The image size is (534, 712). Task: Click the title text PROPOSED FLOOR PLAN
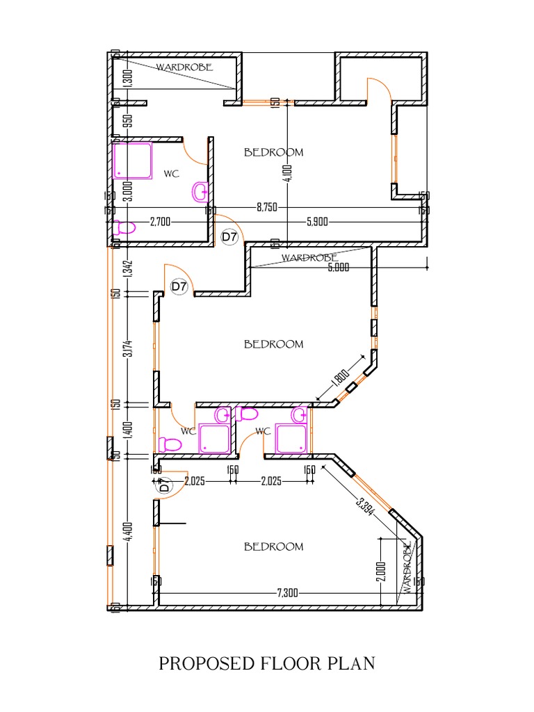click(267, 663)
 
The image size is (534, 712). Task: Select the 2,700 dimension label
click(161, 222)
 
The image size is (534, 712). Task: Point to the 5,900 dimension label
click(318, 222)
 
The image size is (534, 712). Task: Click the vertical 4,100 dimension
click(289, 172)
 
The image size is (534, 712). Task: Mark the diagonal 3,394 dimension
click(366, 504)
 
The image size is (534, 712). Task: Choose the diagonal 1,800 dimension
click(340, 378)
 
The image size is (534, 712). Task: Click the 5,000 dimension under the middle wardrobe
click(338, 267)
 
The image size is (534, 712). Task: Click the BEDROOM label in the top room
click(273, 152)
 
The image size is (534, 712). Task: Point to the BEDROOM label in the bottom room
click(273, 547)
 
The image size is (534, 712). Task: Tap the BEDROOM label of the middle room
click(273, 343)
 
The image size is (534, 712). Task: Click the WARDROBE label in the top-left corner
click(184, 67)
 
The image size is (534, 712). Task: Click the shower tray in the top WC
click(133, 161)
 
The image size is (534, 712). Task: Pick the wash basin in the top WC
click(199, 191)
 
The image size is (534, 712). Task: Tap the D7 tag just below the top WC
click(229, 237)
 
